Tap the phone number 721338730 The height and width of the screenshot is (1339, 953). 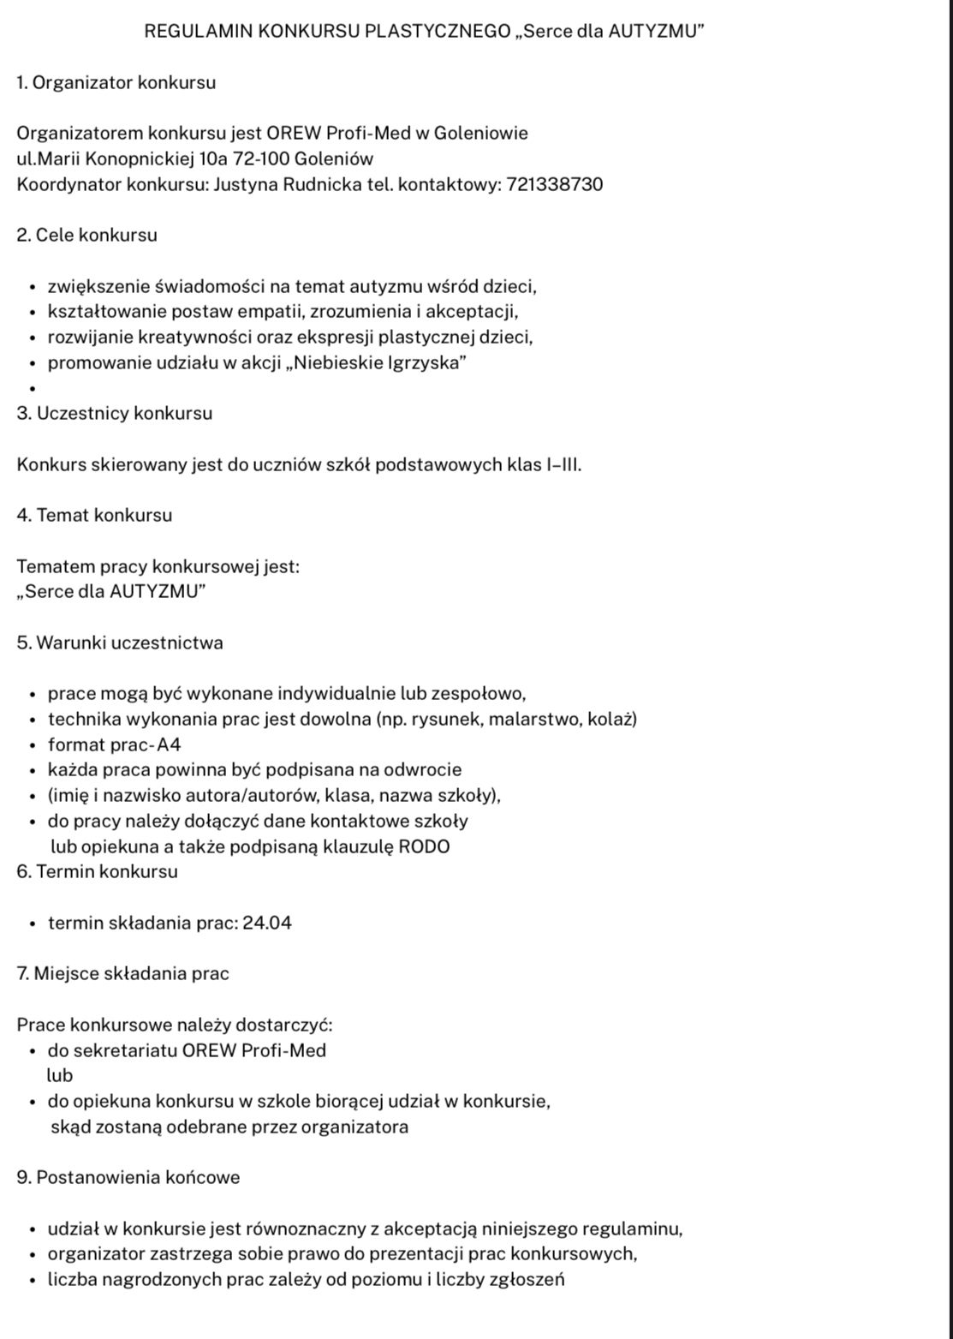555,184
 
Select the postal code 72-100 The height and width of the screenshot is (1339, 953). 260,158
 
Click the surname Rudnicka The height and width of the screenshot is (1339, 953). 322,184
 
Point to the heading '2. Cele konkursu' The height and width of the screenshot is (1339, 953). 87,235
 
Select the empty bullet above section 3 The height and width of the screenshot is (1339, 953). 33,389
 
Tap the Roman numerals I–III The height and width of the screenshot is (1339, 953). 563,465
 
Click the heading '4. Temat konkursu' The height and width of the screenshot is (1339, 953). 94,516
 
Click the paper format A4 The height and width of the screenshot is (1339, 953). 169,744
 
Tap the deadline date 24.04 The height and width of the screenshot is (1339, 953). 267,924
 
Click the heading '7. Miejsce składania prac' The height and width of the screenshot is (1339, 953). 123,974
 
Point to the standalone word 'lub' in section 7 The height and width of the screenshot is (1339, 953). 60,1076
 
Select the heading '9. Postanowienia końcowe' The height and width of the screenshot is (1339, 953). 128,1178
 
